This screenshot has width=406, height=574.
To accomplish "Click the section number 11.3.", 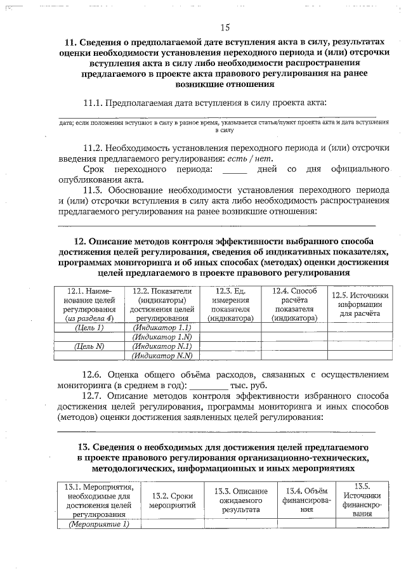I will tap(94, 190).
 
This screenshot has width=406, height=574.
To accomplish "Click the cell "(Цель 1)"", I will tap(89, 327).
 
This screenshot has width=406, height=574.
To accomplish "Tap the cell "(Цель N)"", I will tap(89, 346).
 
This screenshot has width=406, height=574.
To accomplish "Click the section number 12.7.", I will tap(94, 396).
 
